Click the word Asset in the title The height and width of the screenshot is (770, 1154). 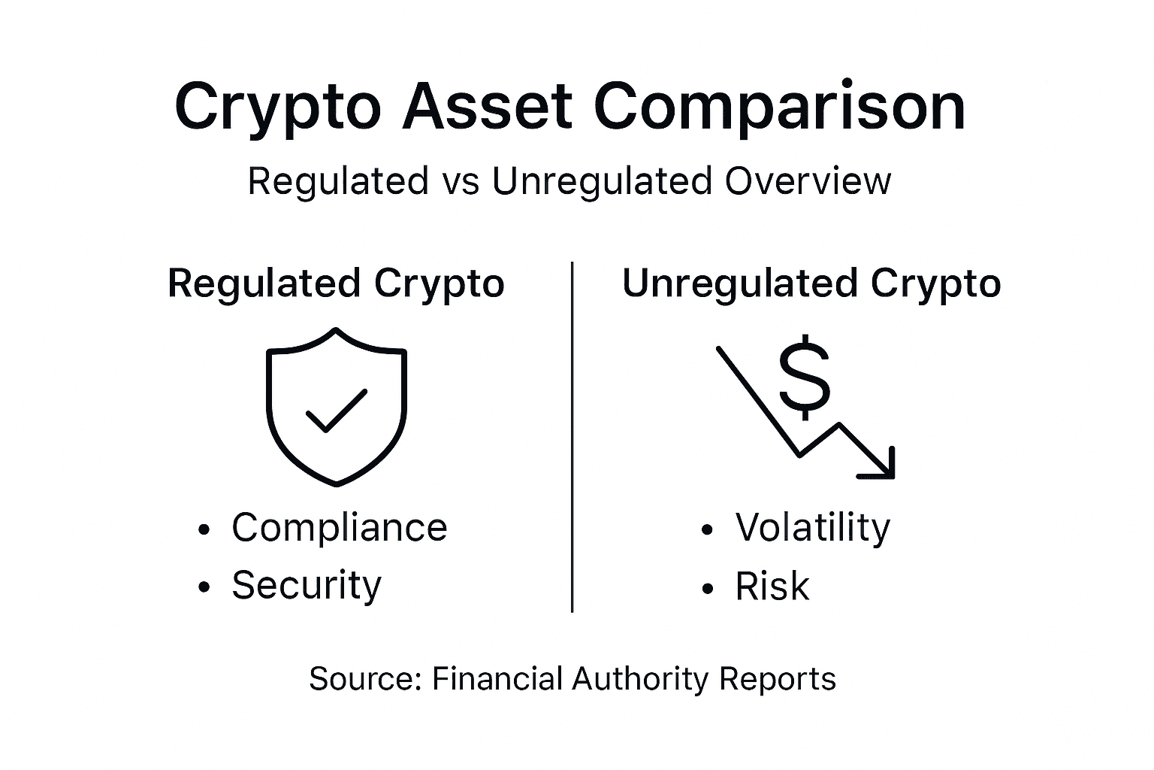[x=487, y=107]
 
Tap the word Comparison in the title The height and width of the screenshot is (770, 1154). [x=779, y=107]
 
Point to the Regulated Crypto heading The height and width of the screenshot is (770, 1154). [x=336, y=284]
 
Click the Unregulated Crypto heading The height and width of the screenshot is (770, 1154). [x=811, y=284]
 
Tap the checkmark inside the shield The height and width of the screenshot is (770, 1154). [x=335, y=411]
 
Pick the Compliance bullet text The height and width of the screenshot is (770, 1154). [x=339, y=527]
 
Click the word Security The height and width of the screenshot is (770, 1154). [x=307, y=585]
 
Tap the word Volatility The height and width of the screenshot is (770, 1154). [x=813, y=527]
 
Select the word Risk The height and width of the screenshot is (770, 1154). [x=772, y=587]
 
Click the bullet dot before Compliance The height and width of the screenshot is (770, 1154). [x=203, y=530]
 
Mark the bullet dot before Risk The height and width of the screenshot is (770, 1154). [x=706, y=589]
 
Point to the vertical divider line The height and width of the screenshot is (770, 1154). [x=572, y=436]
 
